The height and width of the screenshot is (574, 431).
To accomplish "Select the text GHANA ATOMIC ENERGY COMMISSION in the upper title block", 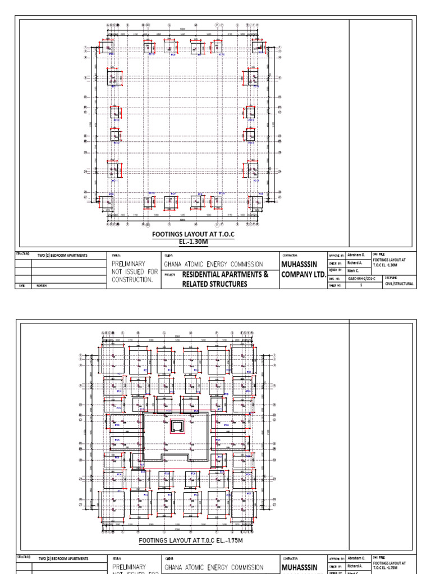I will click(221, 264).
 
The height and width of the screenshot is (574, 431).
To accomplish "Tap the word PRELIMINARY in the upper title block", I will click(129, 263).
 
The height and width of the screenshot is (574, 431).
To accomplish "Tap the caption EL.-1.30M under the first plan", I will click(184, 242).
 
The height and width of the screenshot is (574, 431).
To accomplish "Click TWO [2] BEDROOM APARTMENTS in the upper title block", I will click(62, 255).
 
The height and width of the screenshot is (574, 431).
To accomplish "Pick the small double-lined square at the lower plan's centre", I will click(177, 427).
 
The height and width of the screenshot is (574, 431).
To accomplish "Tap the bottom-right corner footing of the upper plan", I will click(256, 203).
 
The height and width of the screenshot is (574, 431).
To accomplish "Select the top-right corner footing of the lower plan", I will click(242, 360).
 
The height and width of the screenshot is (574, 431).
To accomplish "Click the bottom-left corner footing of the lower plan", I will click(112, 506).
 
